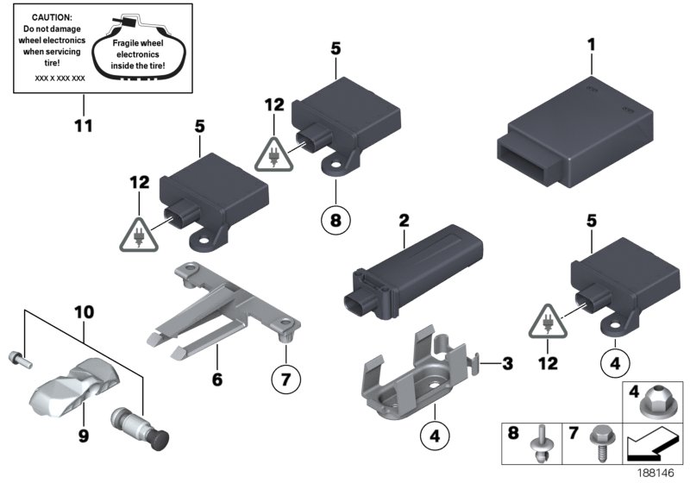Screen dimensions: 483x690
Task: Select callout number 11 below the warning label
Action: click(82, 127)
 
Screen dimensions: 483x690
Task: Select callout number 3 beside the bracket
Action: click(507, 364)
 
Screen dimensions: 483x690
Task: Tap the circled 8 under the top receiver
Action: click(336, 220)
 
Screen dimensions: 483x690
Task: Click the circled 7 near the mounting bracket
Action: click(286, 377)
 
